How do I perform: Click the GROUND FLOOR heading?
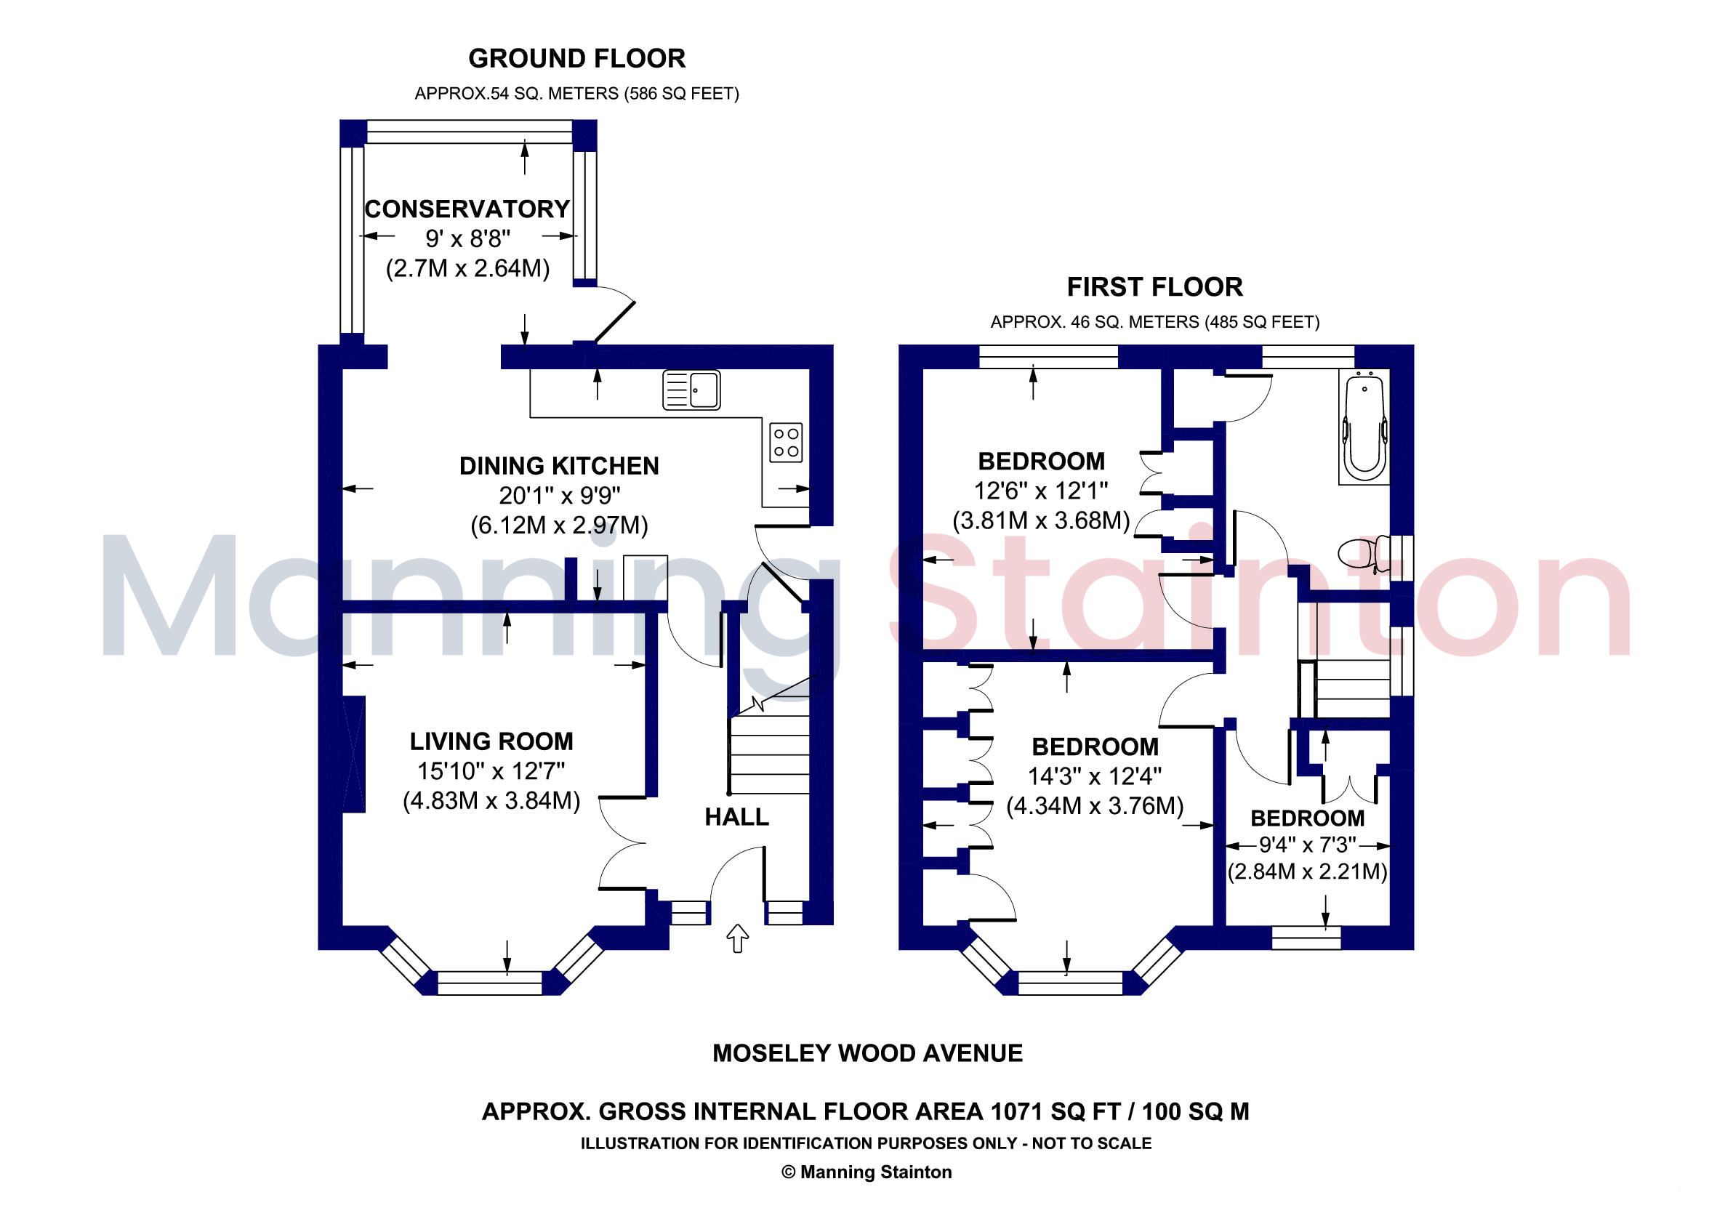pyautogui.click(x=576, y=58)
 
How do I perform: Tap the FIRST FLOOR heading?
pyautogui.click(x=1154, y=287)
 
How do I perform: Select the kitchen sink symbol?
pyautogui.click(x=691, y=390)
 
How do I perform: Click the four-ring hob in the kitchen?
pyautogui.click(x=786, y=442)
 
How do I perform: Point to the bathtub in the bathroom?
pyautogui.click(x=1364, y=427)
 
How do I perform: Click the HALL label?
pyautogui.click(x=736, y=816)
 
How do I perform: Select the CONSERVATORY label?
pyautogui.click(x=467, y=209)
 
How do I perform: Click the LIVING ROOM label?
pyautogui.click(x=491, y=741)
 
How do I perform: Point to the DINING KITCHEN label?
pyautogui.click(x=559, y=466)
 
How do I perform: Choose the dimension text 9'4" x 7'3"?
pyautogui.click(x=1307, y=845)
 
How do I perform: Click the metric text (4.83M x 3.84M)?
pyautogui.click(x=491, y=800)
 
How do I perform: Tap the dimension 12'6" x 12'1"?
pyautogui.click(x=1041, y=491)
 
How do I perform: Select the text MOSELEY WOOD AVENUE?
pyautogui.click(x=867, y=1052)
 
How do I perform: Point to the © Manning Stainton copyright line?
pyautogui.click(x=866, y=1172)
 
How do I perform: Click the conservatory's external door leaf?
pyautogui.click(x=615, y=322)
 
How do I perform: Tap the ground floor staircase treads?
pyautogui.click(x=768, y=754)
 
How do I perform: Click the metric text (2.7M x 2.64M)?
pyautogui.click(x=467, y=268)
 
